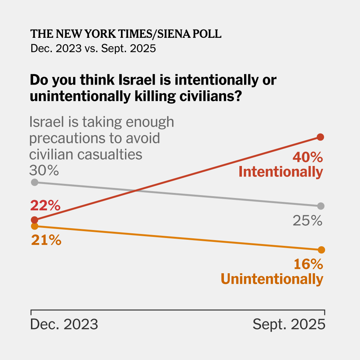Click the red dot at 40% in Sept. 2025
tap(320, 137)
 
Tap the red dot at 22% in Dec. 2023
tap(35, 220)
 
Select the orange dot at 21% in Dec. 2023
tap(35, 226)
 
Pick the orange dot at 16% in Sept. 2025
tap(321, 250)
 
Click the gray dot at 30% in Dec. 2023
tap(35, 182)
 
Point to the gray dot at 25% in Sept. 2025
tap(321, 206)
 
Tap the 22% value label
tap(45, 206)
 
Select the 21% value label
tap(46, 240)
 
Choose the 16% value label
tap(308, 265)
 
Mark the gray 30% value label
tap(44, 170)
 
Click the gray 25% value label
tap(307, 221)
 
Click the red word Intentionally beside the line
tap(281, 172)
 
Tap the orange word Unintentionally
tap(272, 279)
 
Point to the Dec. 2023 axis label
tap(64, 324)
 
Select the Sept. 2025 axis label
tap(289, 324)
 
